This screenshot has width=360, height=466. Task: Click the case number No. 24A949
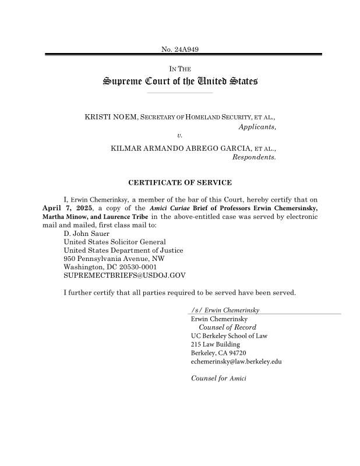(180, 48)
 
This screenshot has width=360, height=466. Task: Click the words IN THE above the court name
(180, 69)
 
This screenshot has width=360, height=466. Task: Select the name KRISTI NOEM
(111, 118)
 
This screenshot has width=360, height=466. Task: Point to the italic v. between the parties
(179, 135)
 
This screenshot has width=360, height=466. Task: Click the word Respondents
(254, 157)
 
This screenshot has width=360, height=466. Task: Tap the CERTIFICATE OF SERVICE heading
(180, 183)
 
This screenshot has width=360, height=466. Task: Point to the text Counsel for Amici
(218, 379)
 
